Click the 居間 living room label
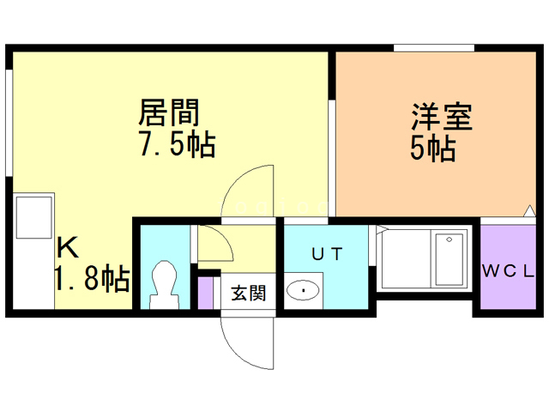tap(169, 112)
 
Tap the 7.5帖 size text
tap(178, 143)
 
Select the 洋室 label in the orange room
tap(442, 117)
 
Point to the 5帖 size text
tap(433, 148)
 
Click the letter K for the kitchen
tap(68, 248)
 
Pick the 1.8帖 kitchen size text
tap(93, 279)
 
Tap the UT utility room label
tap(328, 254)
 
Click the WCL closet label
tap(508, 271)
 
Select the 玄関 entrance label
tap(249, 293)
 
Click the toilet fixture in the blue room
tap(164, 284)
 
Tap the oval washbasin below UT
tap(303, 290)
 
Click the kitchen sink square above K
tap(34, 217)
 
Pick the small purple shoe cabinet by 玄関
tap(206, 294)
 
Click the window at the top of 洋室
tap(434, 48)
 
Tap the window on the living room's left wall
tap(9, 123)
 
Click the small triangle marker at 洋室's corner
tap(529, 211)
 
